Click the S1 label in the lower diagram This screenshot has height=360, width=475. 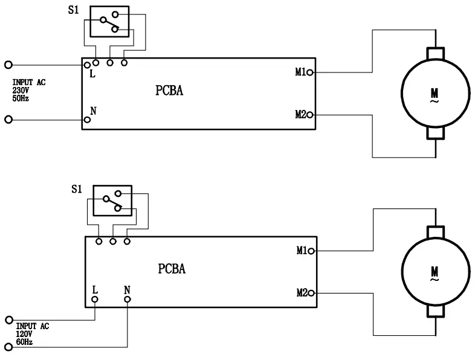[x=76, y=190]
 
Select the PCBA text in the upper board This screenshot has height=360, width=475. [x=169, y=91]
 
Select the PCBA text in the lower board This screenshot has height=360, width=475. [x=172, y=269]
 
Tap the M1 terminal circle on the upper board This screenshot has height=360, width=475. [x=310, y=72]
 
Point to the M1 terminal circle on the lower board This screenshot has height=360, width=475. [x=312, y=251]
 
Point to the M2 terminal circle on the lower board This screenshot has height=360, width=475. [x=312, y=293]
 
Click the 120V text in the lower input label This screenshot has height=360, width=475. [x=24, y=333]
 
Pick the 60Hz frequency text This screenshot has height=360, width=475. [x=24, y=342]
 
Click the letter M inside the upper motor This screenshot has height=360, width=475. [x=435, y=92]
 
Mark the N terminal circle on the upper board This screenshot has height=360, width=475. [x=88, y=120]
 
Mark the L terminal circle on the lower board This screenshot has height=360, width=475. [x=95, y=300]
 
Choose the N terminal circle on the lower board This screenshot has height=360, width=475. [x=127, y=300]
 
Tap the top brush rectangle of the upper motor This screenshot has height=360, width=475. [x=435, y=53]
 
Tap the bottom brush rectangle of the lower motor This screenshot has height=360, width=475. [x=435, y=311]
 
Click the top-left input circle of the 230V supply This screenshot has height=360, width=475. [x=8, y=64]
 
